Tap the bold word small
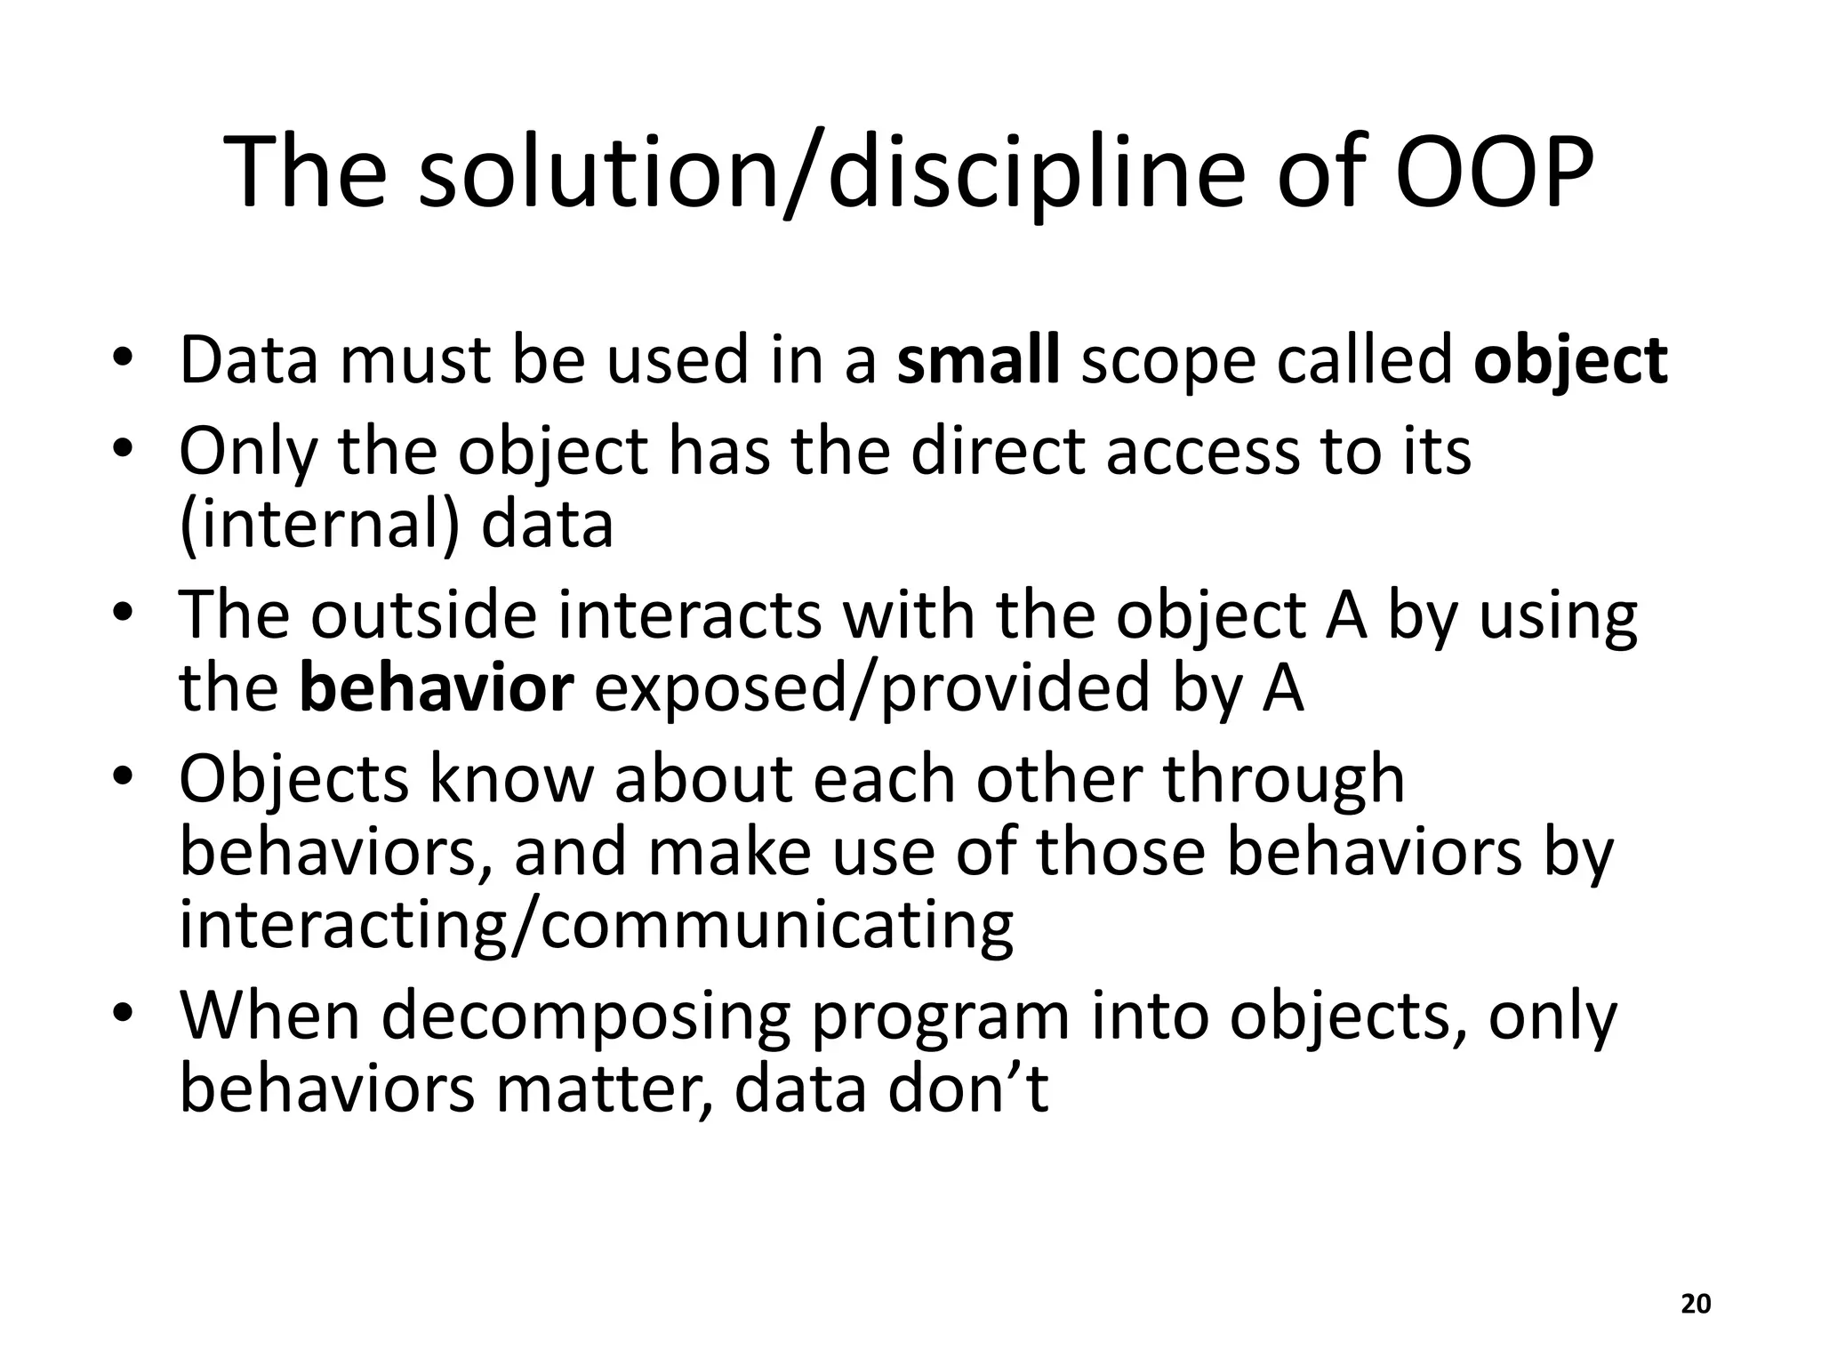[978, 360]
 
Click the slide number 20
[1697, 1304]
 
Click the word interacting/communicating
[596, 926]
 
